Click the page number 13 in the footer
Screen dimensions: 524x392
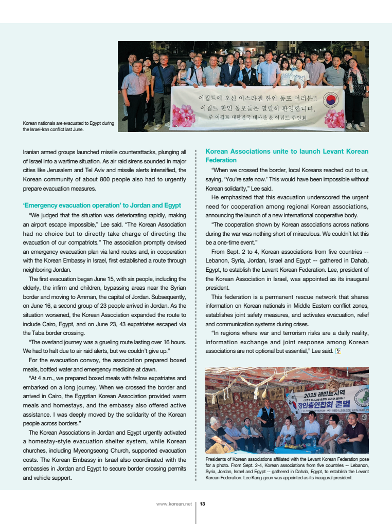tap(203, 504)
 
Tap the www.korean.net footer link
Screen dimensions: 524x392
tap(174, 504)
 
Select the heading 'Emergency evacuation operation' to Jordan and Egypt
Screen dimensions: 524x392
tap(102, 205)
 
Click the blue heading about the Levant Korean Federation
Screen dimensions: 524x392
tap(287, 156)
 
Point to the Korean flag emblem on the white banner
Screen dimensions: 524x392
tap(330, 100)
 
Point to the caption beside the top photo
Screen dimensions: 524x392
tap(68, 126)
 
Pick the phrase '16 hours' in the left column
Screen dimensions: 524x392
tap(173, 342)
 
